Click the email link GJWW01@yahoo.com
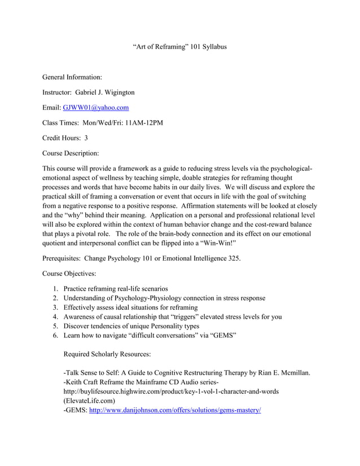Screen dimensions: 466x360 96,107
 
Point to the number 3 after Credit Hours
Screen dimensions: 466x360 86,138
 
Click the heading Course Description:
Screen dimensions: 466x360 71,153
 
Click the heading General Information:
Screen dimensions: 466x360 72,77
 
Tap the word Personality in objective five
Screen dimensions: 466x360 166,326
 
